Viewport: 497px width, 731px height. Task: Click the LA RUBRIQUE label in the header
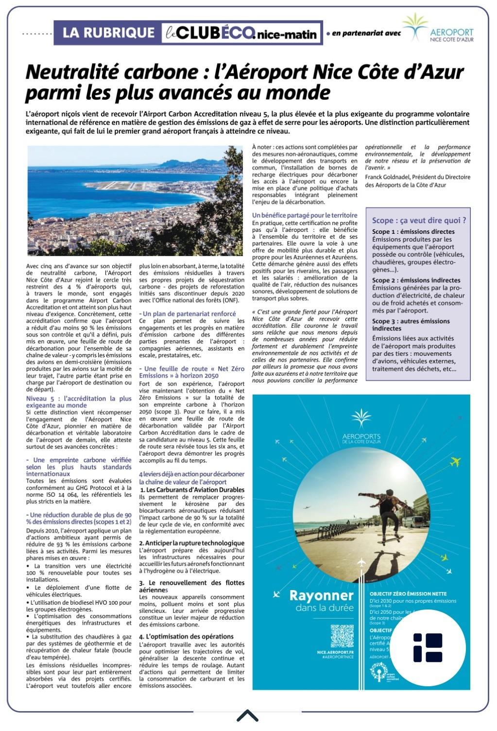click(108, 33)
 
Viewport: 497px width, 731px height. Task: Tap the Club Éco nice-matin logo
click(241, 33)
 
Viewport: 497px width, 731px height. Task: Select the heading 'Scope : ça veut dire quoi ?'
click(419, 220)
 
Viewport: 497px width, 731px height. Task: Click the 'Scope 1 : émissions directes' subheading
click(413, 232)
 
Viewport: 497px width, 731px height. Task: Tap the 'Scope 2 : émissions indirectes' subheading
click(416, 280)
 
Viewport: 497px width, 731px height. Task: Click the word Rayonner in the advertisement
click(321, 595)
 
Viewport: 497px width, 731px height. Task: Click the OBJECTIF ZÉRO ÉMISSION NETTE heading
click(408, 594)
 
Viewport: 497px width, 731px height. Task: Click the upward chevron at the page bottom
click(247, 715)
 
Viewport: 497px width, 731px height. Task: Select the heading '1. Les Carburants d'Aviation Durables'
click(192, 490)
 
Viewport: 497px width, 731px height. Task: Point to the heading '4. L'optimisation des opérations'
click(186, 636)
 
